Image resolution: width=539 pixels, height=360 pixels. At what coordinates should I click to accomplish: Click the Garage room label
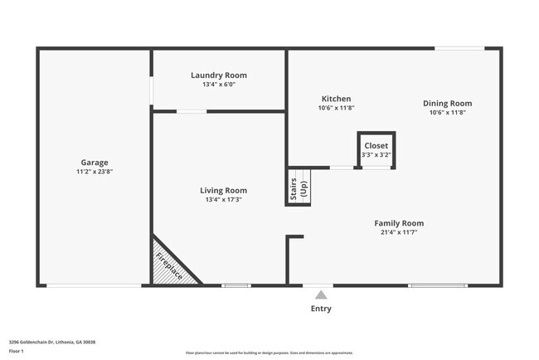[94, 163]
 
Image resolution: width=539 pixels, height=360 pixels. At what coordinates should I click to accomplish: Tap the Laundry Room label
[219, 75]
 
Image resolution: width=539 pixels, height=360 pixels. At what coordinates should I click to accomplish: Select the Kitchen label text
[336, 99]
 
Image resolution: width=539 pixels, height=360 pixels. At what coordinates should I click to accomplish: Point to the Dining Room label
[447, 104]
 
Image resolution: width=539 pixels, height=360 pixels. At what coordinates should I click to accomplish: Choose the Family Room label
[399, 223]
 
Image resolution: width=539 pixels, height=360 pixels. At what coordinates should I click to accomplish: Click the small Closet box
[376, 150]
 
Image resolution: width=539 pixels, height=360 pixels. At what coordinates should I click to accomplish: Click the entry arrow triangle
[321, 294]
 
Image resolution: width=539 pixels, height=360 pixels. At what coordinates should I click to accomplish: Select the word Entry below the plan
[321, 309]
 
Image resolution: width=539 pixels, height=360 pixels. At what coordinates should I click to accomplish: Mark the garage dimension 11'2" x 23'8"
[94, 172]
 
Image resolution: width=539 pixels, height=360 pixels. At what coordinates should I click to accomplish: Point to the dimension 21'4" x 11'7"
[399, 232]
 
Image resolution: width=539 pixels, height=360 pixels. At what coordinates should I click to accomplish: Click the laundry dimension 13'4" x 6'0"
[219, 85]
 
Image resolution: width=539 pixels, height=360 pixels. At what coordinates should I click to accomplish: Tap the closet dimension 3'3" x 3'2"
[376, 154]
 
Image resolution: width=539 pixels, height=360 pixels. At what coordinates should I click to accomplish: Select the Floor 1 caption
[17, 352]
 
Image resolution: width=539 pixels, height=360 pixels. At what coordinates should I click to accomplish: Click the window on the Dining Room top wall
[460, 48]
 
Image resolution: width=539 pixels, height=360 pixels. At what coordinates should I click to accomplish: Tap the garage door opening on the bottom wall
[94, 286]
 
